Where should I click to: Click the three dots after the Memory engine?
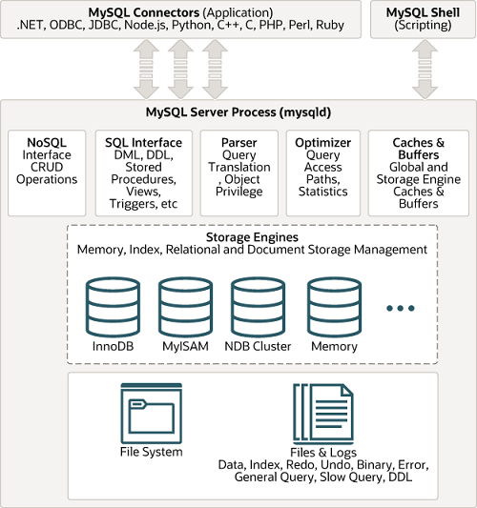(x=401, y=308)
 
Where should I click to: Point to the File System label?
(x=151, y=452)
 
